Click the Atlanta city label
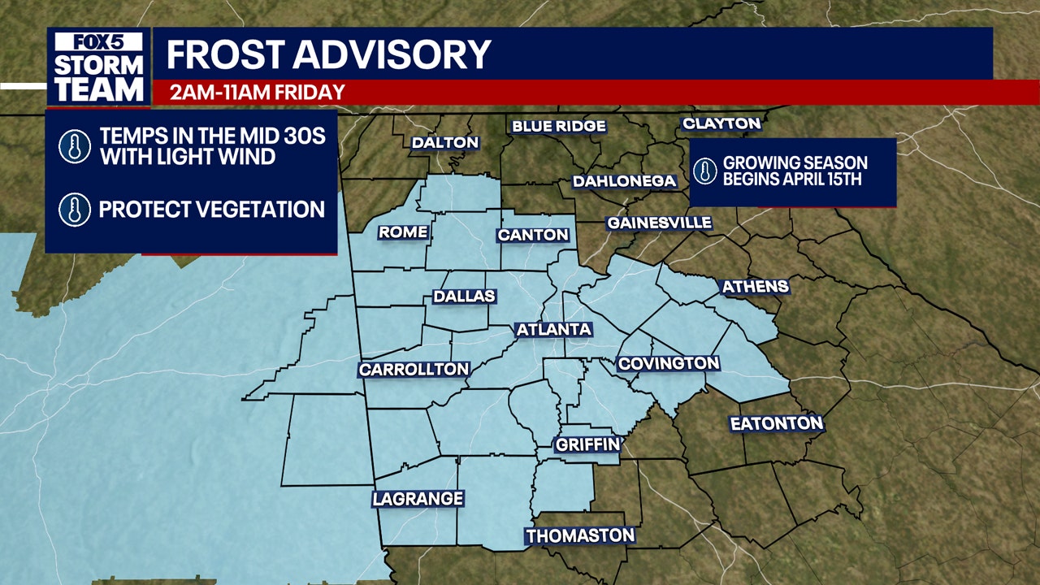point(553,329)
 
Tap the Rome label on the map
point(403,232)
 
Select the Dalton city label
point(445,142)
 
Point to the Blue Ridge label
point(559,126)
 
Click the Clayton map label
point(721,123)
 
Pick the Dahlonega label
point(625,181)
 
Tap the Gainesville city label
point(660,223)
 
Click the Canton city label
point(533,235)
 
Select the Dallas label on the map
point(464,297)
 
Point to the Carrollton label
point(414,370)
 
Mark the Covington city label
point(669,363)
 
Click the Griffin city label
point(587,444)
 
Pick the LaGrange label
point(418,499)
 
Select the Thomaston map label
point(580,536)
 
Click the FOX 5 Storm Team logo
point(98,67)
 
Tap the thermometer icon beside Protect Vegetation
point(74,210)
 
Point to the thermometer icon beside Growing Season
point(704,171)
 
